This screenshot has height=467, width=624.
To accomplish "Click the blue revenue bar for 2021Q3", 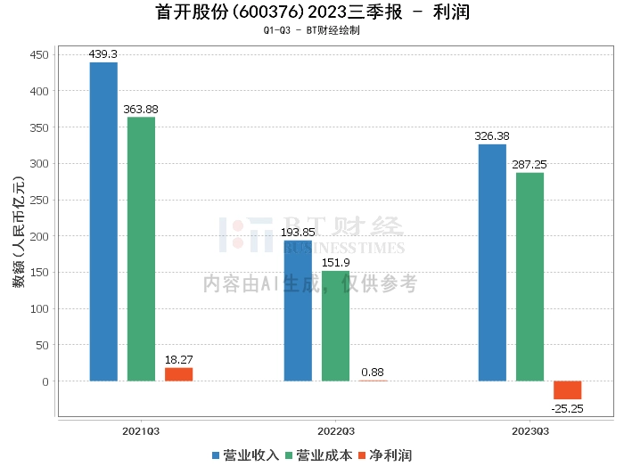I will [103, 222].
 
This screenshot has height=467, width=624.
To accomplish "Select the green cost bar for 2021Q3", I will [141, 250].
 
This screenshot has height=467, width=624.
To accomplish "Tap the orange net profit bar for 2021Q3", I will [178, 374].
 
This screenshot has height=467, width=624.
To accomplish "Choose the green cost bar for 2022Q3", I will [336, 326].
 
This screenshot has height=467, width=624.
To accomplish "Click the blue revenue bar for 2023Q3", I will [492, 263].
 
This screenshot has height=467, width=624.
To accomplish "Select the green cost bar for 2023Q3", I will [530, 277].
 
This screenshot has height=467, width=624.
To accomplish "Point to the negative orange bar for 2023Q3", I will [567, 390].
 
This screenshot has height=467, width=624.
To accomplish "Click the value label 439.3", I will [103, 54].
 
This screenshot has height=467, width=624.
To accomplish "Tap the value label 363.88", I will [141, 110].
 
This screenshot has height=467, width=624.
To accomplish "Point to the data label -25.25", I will [567, 409].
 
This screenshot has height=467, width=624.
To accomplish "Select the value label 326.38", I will [492, 136].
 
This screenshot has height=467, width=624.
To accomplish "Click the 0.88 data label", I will [373, 372].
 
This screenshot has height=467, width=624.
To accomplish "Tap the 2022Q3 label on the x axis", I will [335, 431].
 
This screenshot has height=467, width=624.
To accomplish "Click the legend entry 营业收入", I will [246, 455].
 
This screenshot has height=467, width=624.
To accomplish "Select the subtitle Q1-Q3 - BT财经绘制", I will [311, 30].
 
